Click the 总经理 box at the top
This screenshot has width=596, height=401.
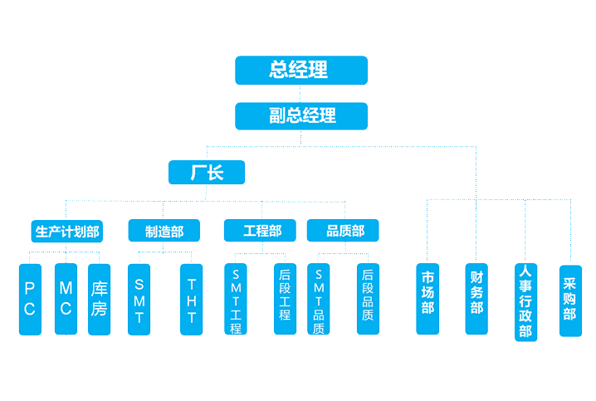pos(301,70)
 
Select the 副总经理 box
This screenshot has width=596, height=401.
pos(301,115)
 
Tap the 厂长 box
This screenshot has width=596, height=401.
pos(207,172)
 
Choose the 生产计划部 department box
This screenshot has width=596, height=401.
pos(67,231)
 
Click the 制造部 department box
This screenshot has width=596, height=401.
pos(164,231)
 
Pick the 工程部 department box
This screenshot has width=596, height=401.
pos(261,231)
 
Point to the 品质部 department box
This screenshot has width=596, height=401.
pos(342,231)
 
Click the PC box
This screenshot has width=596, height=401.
pos(30,299)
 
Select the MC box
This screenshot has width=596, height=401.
pos(66,299)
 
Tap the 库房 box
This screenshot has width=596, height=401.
pos(100,299)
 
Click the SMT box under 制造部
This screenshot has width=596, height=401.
pos(139,299)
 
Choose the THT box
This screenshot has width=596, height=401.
pos(192,299)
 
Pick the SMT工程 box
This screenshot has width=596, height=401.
pos(236,299)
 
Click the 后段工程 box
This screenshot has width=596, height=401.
pos(285,299)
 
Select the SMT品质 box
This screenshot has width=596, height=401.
pos(319,299)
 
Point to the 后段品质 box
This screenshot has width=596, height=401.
pos(368,299)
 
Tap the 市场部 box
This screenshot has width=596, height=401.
pos(427,299)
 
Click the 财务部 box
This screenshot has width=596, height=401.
pos(476,299)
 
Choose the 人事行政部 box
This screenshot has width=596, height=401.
pos(525,301)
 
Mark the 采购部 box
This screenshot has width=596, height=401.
pos(570,301)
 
